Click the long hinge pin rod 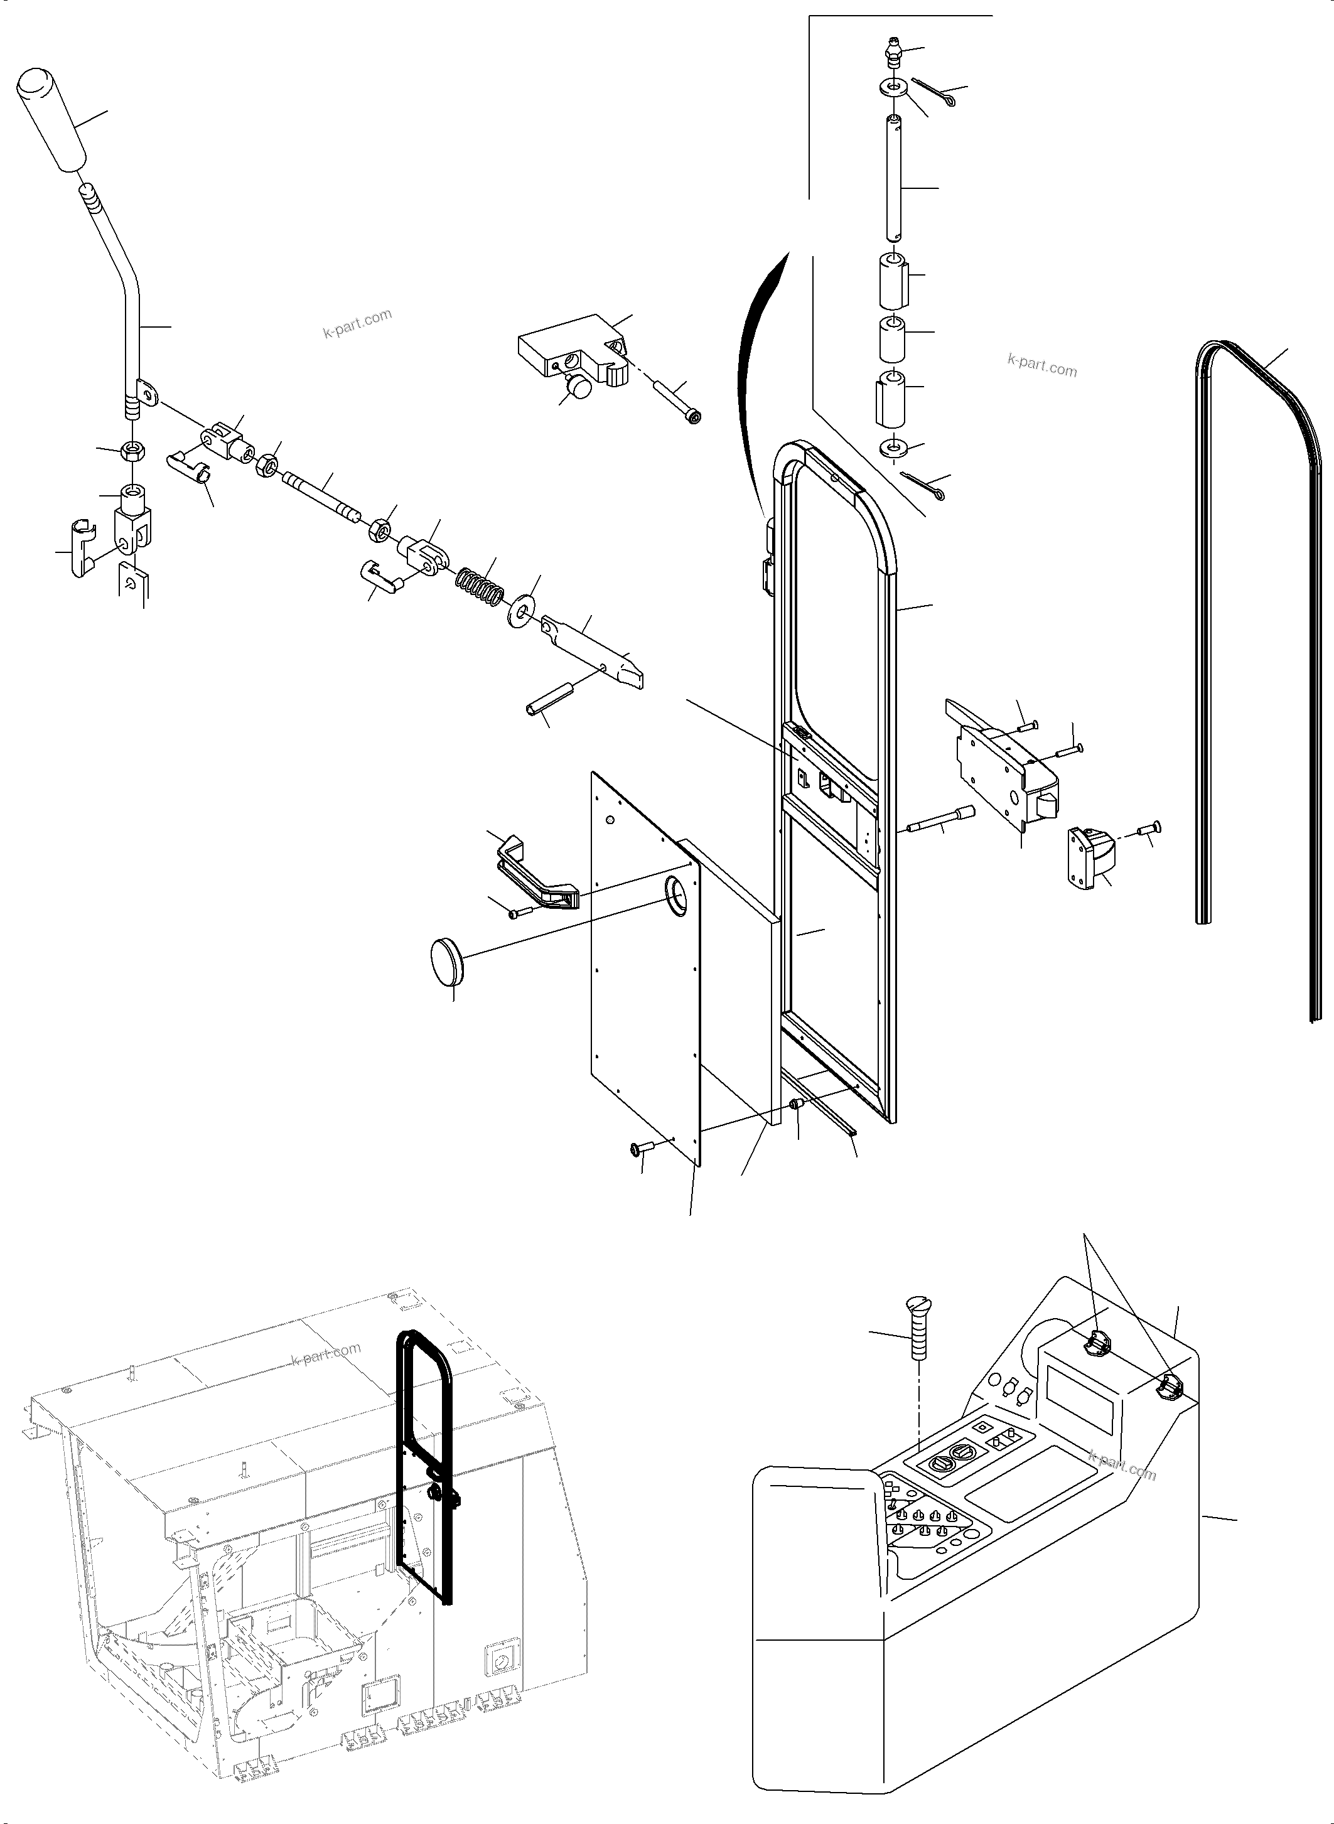[x=894, y=178]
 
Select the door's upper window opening [x=834, y=598]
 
